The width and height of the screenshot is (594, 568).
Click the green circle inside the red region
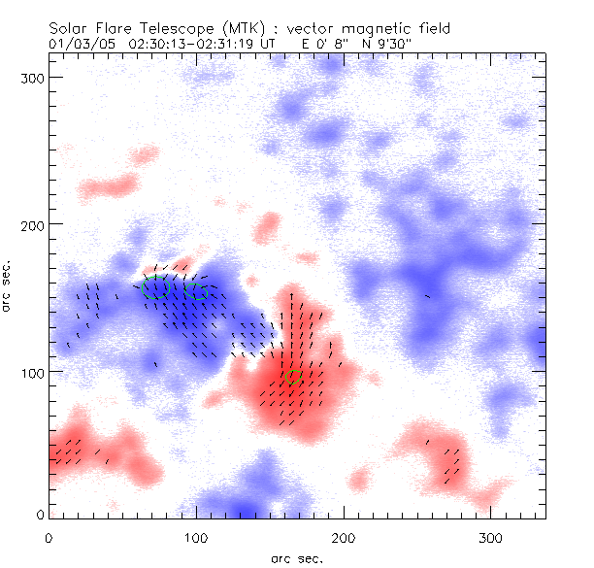tap(294, 377)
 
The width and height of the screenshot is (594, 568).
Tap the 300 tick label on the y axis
tap(34, 77)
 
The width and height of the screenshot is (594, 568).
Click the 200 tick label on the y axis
tap(34, 224)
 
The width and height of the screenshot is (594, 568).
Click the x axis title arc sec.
tap(298, 557)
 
